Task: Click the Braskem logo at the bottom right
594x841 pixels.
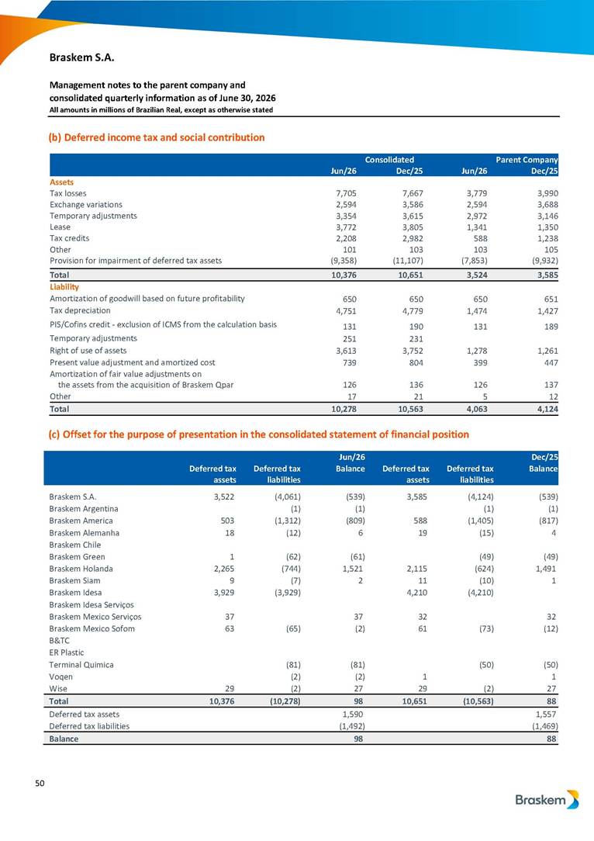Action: (547, 800)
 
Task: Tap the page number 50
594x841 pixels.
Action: (40, 783)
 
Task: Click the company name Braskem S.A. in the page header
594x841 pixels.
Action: (82, 57)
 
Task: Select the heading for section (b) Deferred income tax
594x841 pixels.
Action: (157, 137)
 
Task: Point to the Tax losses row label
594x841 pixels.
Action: (68, 193)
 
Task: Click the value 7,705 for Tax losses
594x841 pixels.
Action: (346, 194)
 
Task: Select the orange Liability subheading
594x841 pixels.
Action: (64, 287)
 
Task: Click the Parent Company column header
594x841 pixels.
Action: (527, 159)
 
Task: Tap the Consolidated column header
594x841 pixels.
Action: (390, 159)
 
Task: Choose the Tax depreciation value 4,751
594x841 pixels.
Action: (346, 311)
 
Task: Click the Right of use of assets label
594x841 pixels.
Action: (88, 350)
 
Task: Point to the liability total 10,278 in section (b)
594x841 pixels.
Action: (344, 409)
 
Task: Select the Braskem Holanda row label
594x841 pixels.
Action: (81, 569)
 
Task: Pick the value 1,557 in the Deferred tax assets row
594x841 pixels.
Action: (547, 715)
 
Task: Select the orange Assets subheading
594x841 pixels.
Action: (62, 182)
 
